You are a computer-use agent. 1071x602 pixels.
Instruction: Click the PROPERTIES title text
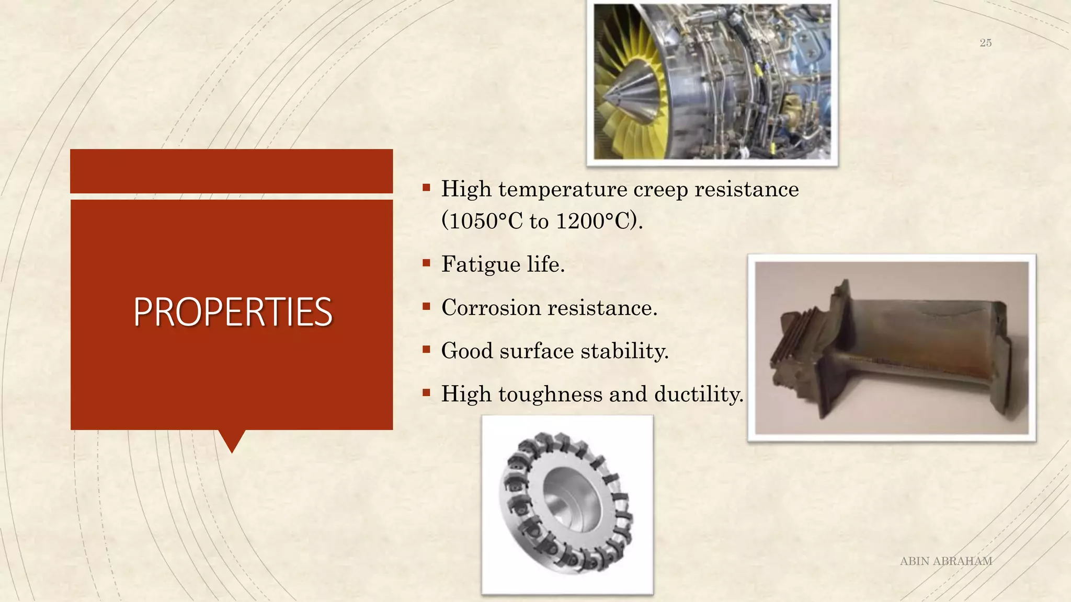pos(232,312)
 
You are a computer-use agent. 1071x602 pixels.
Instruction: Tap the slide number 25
pos(985,43)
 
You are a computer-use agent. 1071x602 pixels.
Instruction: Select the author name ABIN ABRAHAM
pos(945,561)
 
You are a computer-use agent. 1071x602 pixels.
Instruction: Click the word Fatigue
pos(481,264)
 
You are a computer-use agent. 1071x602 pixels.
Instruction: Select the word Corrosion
pos(491,307)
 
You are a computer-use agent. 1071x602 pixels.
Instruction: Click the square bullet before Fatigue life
pos(426,263)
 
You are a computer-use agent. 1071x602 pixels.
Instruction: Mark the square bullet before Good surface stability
pos(426,349)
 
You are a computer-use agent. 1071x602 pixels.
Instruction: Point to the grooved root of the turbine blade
pos(795,345)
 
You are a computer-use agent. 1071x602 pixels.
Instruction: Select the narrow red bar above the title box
pos(231,171)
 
